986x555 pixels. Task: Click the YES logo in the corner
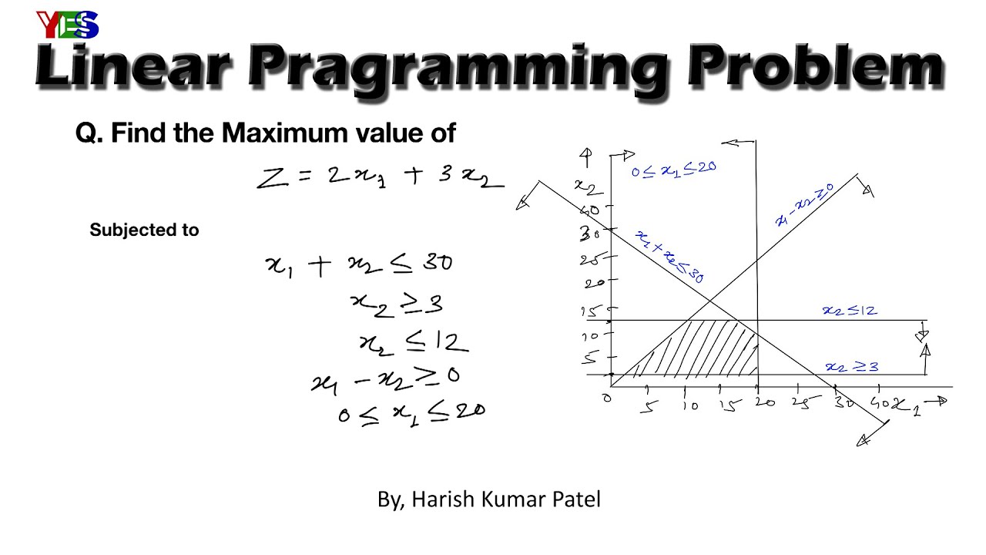click(x=68, y=25)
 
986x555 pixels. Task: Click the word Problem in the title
click(x=816, y=68)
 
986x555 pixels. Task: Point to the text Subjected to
click(x=144, y=230)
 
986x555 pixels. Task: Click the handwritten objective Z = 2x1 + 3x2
click(x=381, y=177)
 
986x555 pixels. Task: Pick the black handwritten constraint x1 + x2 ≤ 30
click(x=359, y=264)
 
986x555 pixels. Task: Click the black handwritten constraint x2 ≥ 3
click(x=397, y=304)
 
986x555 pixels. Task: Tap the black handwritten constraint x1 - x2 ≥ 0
click(x=385, y=379)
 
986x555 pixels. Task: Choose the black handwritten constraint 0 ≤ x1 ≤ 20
click(x=411, y=413)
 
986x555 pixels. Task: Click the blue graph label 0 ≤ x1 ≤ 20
click(x=673, y=169)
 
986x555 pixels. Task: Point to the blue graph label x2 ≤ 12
click(x=850, y=311)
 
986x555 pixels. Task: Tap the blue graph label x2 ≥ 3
click(x=851, y=367)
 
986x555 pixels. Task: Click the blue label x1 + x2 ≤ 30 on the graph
click(x=669, y=257)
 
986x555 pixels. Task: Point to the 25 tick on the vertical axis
click(x=592, y=260)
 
